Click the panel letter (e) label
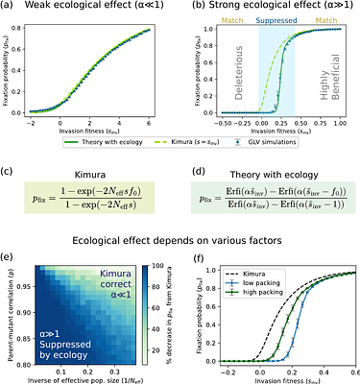(x=9, y=253)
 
